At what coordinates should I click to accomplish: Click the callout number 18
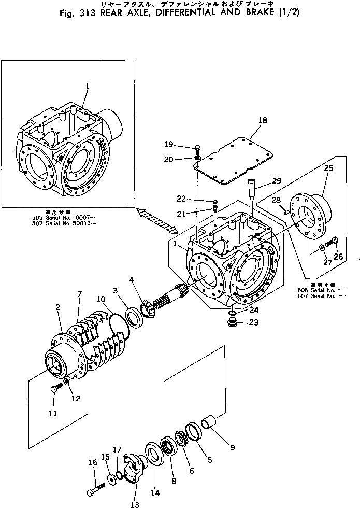tap(263, 120)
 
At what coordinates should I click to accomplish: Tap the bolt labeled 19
tap(199, 149)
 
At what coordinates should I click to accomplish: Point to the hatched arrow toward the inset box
tap(155, 221)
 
